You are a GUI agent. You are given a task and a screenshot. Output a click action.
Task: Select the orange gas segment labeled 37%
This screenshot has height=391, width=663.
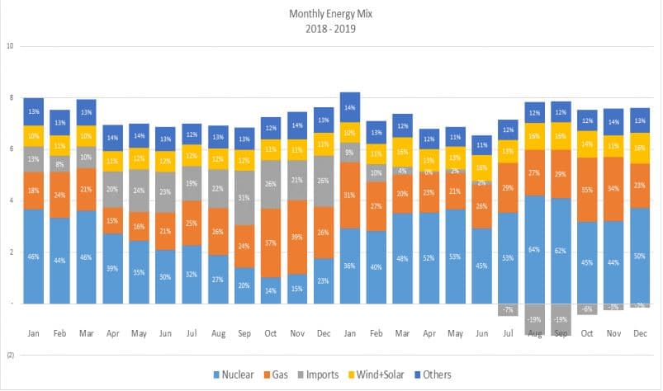pyautogui.click(x=271, y=243)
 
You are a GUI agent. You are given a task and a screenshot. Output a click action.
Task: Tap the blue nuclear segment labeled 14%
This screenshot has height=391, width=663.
pyautogui.click(x=271, y=290)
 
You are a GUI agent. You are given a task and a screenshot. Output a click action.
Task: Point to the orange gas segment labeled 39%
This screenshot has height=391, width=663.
pyautogui.click(x=297, y=237)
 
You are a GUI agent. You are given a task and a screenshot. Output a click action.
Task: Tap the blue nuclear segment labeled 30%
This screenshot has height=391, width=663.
pyautogui.click(x=165, y=276)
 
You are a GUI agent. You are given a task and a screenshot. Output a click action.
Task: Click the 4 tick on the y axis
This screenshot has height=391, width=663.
pyautogui.click(x=12, y=200)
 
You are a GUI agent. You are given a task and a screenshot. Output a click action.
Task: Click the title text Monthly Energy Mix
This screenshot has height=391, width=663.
pyautogui.click(x=330, y=14)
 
